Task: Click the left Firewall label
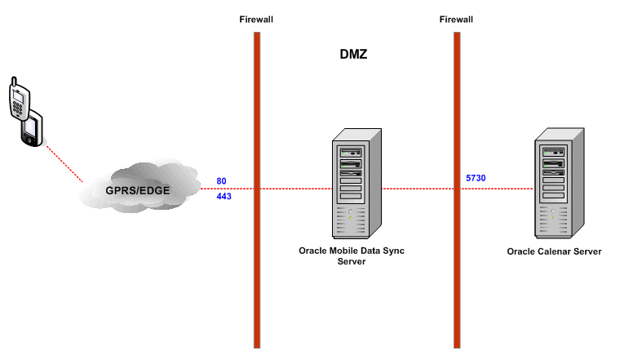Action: click(x=256, y=19)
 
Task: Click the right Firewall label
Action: click(x=457, y=19)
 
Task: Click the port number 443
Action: click(x=224, y=196)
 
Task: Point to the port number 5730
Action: click(x=476, y=177)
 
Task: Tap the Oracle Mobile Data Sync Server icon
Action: click(x=351, y=186)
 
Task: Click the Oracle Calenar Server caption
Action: click(x=554, y=251)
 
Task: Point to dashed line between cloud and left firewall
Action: click(x=232, y=188)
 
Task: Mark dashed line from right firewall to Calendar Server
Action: click(x=498, y=188)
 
